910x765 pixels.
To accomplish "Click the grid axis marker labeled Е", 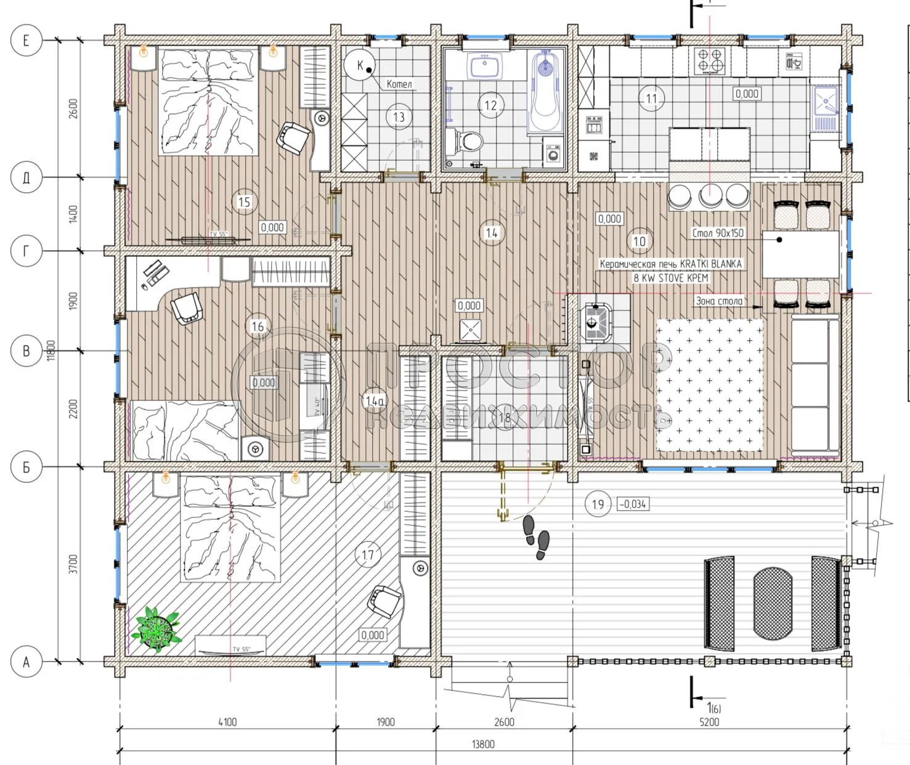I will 26,41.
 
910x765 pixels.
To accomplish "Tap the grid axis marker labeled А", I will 26,662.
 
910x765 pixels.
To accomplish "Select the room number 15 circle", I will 244,202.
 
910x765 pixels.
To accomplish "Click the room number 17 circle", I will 368,555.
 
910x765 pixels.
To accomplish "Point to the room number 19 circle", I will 598,504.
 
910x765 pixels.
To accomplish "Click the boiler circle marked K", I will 360,65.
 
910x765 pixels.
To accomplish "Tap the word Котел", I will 399,84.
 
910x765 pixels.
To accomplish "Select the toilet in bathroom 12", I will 470,142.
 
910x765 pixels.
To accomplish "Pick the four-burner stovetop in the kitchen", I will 709,60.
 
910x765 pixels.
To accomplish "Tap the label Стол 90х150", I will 718,233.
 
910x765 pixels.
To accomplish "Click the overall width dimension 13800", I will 483,744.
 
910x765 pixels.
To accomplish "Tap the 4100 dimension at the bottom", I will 227,722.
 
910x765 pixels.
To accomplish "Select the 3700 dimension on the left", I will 73,564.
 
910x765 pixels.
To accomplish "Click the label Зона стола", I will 719,301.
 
